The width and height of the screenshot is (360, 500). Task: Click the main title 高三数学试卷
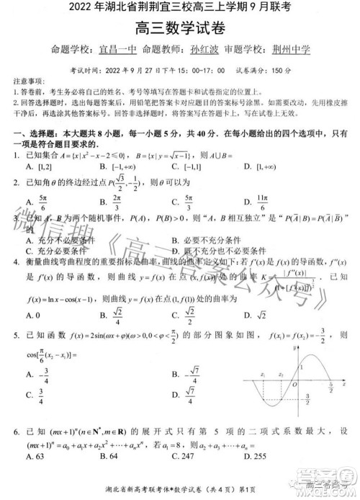(x=180, y=30)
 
